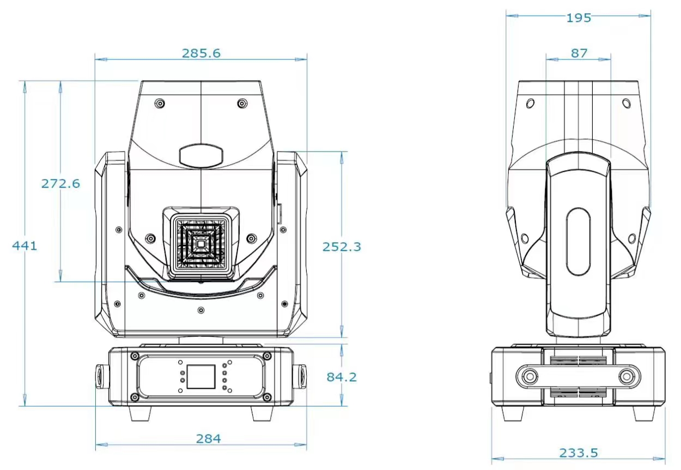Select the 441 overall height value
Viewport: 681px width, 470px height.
point(25,246)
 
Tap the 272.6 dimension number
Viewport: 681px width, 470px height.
point(60,183)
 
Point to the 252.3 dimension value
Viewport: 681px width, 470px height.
point(342,246)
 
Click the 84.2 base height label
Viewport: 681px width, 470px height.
point(342,376)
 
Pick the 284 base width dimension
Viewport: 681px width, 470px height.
point(209,438)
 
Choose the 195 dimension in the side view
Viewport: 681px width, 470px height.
point(579,17)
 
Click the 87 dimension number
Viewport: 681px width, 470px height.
point(579,53)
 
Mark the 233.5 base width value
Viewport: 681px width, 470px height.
point(579,453)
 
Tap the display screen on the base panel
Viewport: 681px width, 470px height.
point(201,375)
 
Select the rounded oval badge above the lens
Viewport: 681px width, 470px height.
point(201,155)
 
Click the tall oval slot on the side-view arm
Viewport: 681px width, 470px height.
point(578,242)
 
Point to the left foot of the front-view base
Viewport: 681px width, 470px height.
point(141,413)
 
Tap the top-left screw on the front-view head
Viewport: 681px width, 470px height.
point(159,103)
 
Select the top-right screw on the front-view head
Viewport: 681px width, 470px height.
point(242,103)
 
